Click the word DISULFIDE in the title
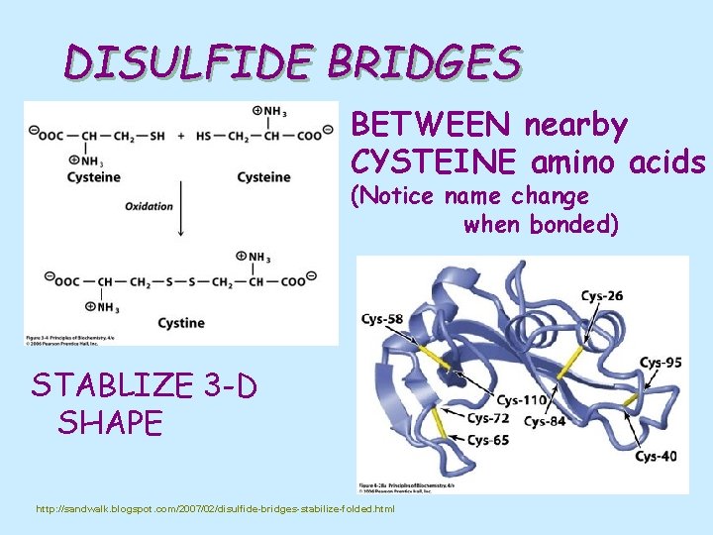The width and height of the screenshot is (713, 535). click(x=188, y=64)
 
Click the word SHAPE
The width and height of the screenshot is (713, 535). click(x=110, y=423)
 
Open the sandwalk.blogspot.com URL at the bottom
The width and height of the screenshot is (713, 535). click(x=215, y=509)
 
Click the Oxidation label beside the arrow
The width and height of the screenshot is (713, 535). click(x=149, y=206)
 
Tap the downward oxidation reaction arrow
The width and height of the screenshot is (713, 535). click(x=180, y=208)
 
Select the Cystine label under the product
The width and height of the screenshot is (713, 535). click(x=181, y=322)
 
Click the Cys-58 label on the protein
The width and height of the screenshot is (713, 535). click(x=382, y=318)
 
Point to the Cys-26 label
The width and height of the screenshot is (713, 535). click(x=602, y=295)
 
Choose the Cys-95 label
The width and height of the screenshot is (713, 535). click(x=661, y=363)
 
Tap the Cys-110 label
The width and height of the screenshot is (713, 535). click(x=521, y=400)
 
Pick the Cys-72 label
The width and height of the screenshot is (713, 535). click(x=489, y=419)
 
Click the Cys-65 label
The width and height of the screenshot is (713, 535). click(x=488, y=440)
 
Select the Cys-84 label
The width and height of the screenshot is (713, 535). click(x=545, y=422)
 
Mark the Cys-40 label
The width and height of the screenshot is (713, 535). click(x=656, y=457)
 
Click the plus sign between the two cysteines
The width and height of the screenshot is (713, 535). click(x=181, y=135)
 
